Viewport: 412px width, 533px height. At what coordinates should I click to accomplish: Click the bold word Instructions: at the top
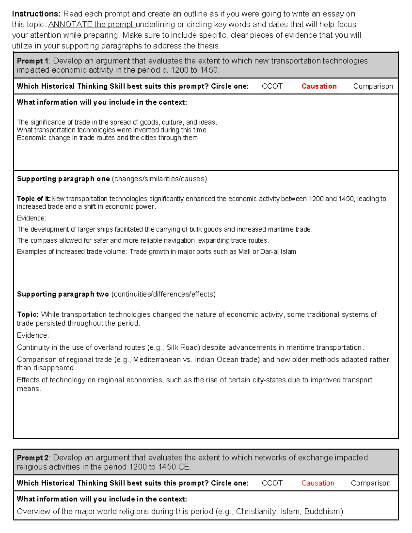click(x=36, y=14)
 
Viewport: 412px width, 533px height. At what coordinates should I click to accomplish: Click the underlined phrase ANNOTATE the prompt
click(x=92, y=25)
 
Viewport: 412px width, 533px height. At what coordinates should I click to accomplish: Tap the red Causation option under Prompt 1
click(x=319, y=86)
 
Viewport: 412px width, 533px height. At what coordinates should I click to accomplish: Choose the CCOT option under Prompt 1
click(x=272, y=86)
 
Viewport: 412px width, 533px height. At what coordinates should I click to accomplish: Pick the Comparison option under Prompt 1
click(x=373, y=86)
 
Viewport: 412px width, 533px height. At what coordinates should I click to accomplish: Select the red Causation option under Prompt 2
click(x=318, y=483)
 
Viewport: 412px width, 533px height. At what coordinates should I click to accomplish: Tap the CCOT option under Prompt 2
click(x=272, y=483)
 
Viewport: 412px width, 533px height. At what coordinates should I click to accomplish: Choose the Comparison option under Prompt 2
click(x=370, y=483)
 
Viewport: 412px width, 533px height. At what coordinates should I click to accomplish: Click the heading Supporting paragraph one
click(x=63, y=179)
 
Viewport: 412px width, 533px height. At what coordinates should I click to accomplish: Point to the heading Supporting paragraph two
click(x=63, y=294)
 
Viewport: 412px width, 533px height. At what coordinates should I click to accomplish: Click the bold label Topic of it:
click(x=34, y=199)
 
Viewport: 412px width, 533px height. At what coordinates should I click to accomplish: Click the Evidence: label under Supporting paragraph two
click(x=33, y=336)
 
